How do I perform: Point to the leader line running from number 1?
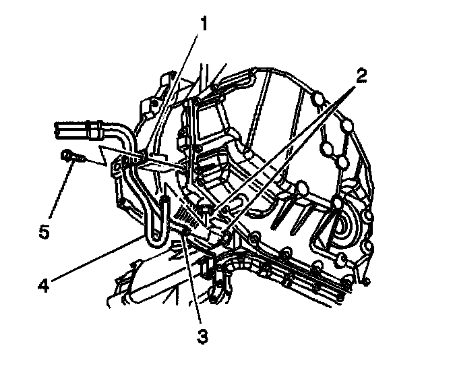click(x=175, y=94)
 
